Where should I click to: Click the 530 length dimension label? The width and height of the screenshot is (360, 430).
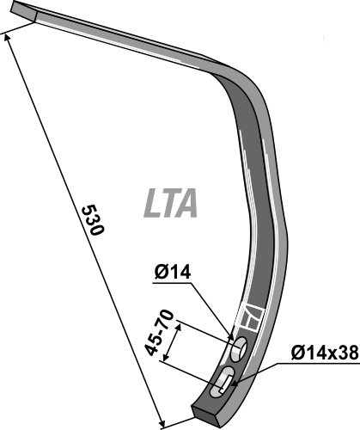pos(93,220)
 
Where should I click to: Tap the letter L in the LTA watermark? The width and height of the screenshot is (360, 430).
pos(152,203)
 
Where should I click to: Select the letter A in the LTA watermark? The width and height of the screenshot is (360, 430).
pos(186,203)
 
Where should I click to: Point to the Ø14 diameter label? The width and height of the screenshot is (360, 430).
pos(173,272)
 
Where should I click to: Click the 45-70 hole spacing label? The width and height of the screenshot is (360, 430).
pos(159,333)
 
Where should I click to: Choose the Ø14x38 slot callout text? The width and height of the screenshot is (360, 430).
pos(325,353)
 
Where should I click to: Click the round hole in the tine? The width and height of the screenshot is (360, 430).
pos(239,350)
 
